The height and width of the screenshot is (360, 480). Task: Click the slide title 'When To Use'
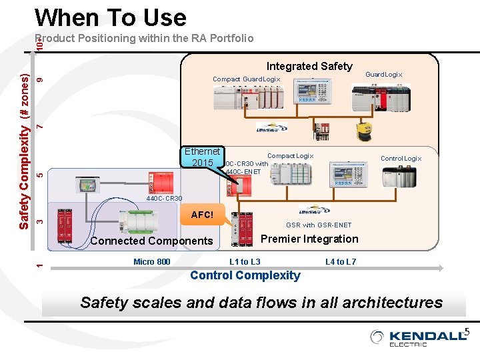click(x=110, y=17)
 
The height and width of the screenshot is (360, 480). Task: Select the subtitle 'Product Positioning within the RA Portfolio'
click(x=144, y=38)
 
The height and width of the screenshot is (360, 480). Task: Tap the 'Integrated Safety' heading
click(x=309, y=66)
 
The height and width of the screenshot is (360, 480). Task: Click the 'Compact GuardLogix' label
click(x=247, y=79)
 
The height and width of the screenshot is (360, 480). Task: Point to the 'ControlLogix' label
click(x=401, y=159)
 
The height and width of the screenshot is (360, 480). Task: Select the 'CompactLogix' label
click(x=290, y=156)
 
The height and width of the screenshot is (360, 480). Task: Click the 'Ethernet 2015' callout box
click(x=202, y=157)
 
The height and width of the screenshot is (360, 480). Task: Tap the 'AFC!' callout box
click(x=202, y=215)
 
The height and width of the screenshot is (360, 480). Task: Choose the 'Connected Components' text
click(x=151, y=241)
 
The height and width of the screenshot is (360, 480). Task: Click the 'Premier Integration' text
click(x=309, y=239)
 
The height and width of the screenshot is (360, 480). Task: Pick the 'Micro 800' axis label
click(x=151, y=261)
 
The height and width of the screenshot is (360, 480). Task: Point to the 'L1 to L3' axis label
click(x=245, y=261)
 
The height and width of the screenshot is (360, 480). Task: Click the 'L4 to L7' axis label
click(x=341, y=261)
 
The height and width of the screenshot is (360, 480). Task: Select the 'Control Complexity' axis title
click(x=245, y=275)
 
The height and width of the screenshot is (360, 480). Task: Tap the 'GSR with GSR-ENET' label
click(x=319, y=225)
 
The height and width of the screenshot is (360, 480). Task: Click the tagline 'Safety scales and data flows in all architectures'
click(x=261, y=303)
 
